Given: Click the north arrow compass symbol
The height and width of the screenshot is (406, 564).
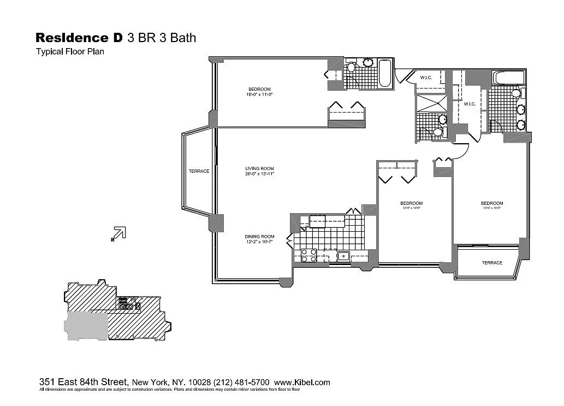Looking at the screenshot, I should click(119, 233).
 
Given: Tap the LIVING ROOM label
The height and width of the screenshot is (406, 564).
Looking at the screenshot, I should click(259, 168).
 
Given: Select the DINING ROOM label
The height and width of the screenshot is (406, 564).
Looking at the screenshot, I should click(259, 237).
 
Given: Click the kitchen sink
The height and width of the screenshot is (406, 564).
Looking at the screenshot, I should click(343, 255).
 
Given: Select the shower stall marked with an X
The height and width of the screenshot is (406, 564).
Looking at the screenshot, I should click(431, 103).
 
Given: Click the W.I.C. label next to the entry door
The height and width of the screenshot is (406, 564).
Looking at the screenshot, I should click(426, 78).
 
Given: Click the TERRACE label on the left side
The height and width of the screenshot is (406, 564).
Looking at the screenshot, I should click(199, 171).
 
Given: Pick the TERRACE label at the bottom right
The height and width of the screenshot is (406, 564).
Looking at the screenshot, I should click(491, 263).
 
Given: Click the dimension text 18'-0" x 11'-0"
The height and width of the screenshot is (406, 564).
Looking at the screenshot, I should click(259, 95).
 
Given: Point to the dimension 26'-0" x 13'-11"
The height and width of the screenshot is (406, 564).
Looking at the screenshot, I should click(259, 174).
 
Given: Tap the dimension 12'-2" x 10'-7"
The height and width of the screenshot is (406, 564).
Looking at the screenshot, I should click(259, 242).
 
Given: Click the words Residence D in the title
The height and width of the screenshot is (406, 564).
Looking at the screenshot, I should click(79, 38).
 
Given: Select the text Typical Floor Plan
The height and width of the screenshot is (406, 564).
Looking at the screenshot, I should click(70, 52).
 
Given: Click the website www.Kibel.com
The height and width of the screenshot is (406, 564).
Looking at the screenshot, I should click(302, 383).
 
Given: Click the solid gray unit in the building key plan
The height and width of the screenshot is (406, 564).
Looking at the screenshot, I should click(86, 326).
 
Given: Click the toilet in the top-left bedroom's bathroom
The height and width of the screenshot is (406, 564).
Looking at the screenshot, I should click(351, 68).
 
